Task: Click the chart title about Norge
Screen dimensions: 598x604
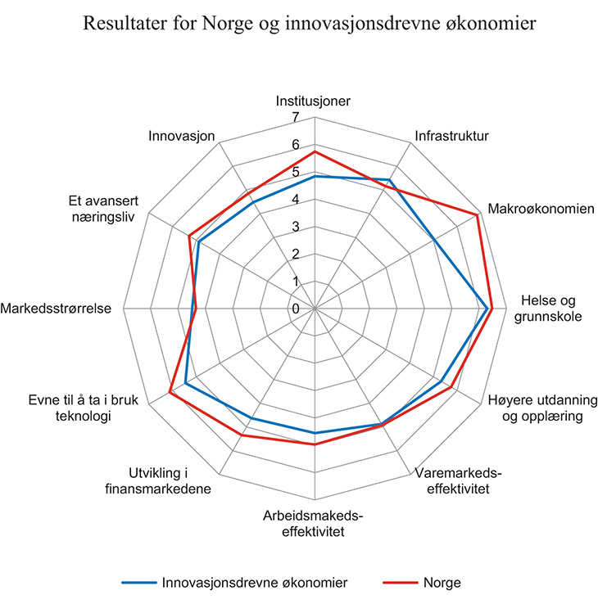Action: click(309, 24)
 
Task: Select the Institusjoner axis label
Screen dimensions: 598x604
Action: click(313, 101)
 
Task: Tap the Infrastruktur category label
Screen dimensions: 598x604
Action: click(451, 136)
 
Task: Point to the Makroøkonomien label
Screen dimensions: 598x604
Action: click(541, 209)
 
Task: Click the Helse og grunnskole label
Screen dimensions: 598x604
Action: click(548, 309)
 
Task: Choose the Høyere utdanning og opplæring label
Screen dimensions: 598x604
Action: click(542, 408)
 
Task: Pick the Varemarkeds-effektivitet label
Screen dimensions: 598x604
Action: click(458, 480)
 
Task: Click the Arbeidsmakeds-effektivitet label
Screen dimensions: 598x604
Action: click(313, 524)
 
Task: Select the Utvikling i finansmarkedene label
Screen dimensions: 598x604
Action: click(158, 480)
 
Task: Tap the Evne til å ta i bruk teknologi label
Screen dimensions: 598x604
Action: click(84, 408)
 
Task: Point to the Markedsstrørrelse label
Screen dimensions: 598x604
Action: click(56, 309)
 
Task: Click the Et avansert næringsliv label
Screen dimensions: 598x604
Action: click(103, 209)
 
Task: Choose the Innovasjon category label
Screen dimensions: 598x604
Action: click(182, 136)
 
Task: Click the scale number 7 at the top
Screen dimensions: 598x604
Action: click(296, 117)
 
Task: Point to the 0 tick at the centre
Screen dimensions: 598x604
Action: click(296, 309)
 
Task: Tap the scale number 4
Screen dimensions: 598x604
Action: click(296, 199)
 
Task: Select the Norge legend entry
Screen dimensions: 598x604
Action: click(422, 583)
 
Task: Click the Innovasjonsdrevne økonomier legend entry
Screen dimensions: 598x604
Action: click(234, 583)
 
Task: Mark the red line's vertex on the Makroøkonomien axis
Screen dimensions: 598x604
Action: click(478, 215)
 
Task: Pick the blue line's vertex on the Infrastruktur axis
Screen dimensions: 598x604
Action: click(390, 180)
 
